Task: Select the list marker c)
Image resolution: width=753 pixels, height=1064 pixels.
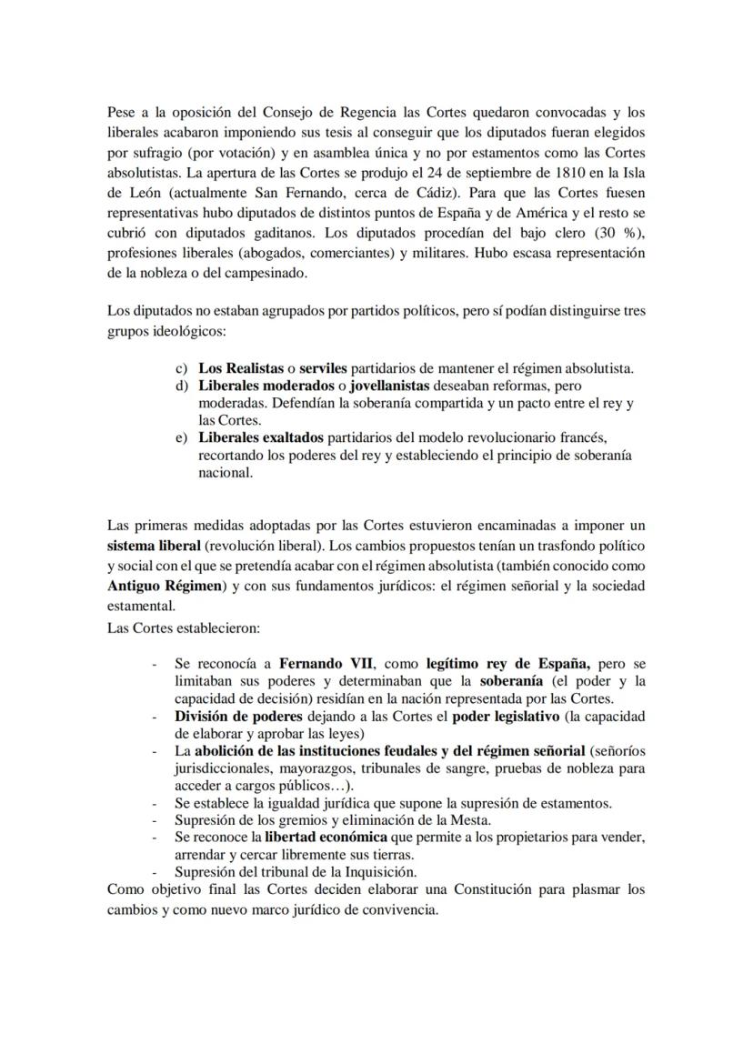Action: click(181, 368)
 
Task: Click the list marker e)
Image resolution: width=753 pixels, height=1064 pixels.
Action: click(181, 438)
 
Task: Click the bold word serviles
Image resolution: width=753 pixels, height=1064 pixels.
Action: click(323, 368)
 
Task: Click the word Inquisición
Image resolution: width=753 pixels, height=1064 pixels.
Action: click(346, 871)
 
